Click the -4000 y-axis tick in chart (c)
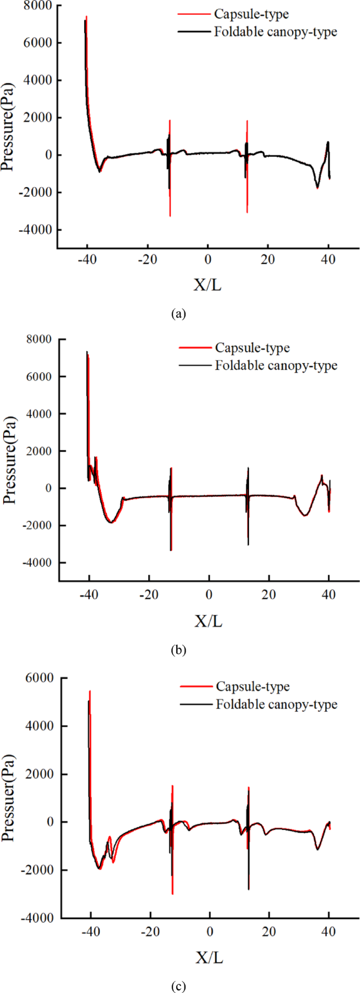pos(39,918)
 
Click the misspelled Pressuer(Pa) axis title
pos(9,797)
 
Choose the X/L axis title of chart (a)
pos(208,285)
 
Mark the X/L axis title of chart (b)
pos(209,621)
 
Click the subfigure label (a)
pos(179,314)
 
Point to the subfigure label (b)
pos(179,650)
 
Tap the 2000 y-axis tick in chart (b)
pos(41,451)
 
